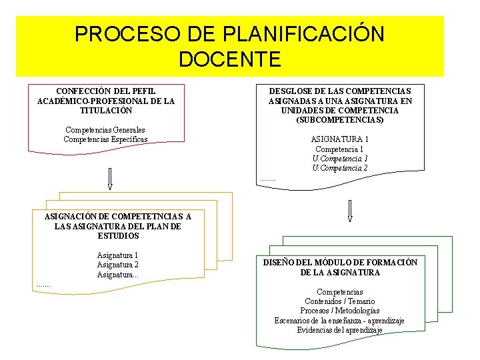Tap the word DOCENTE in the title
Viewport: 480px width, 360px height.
pyautogui.click(x=229, y=59)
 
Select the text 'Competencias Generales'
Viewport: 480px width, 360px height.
pyautogui.click(x=105, y=130)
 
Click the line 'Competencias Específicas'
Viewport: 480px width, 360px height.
pyautogui.click(x=105, y=139)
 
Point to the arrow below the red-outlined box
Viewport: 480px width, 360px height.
pyautogui.click(x=110, y=178)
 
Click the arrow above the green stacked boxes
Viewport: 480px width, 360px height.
pyautogui.click(x=349, y=209)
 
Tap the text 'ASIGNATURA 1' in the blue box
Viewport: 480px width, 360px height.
pyautogui.click(x=340, y=139)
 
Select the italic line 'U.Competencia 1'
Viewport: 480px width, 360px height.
pyautogui.click(x=340, y=159)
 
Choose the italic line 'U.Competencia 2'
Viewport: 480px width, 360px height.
pyautogui.click(x=340, y=168)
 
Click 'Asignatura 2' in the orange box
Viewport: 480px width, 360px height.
pyautogui.click(x=117, y=265)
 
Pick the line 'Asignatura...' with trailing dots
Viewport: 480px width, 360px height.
pyautogui.click(x=117, y=275)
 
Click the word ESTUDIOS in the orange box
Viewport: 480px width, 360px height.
pyautogui.click(x=118, y=236)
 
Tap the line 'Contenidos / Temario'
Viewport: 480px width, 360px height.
pyautogui.click(x=339, y=301)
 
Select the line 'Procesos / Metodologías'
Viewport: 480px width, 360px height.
pyautogui.click(x=339, y=311)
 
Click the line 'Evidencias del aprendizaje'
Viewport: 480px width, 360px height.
pyautogui.click(x=339, y=330)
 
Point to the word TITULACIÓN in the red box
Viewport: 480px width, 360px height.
pyautogui.click(x=105, y=110)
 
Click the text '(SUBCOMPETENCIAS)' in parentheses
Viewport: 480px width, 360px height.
pyautogui.click(x=340, y=120)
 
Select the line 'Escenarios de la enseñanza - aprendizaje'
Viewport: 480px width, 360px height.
pyautogui.click(x=339, y=321)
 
